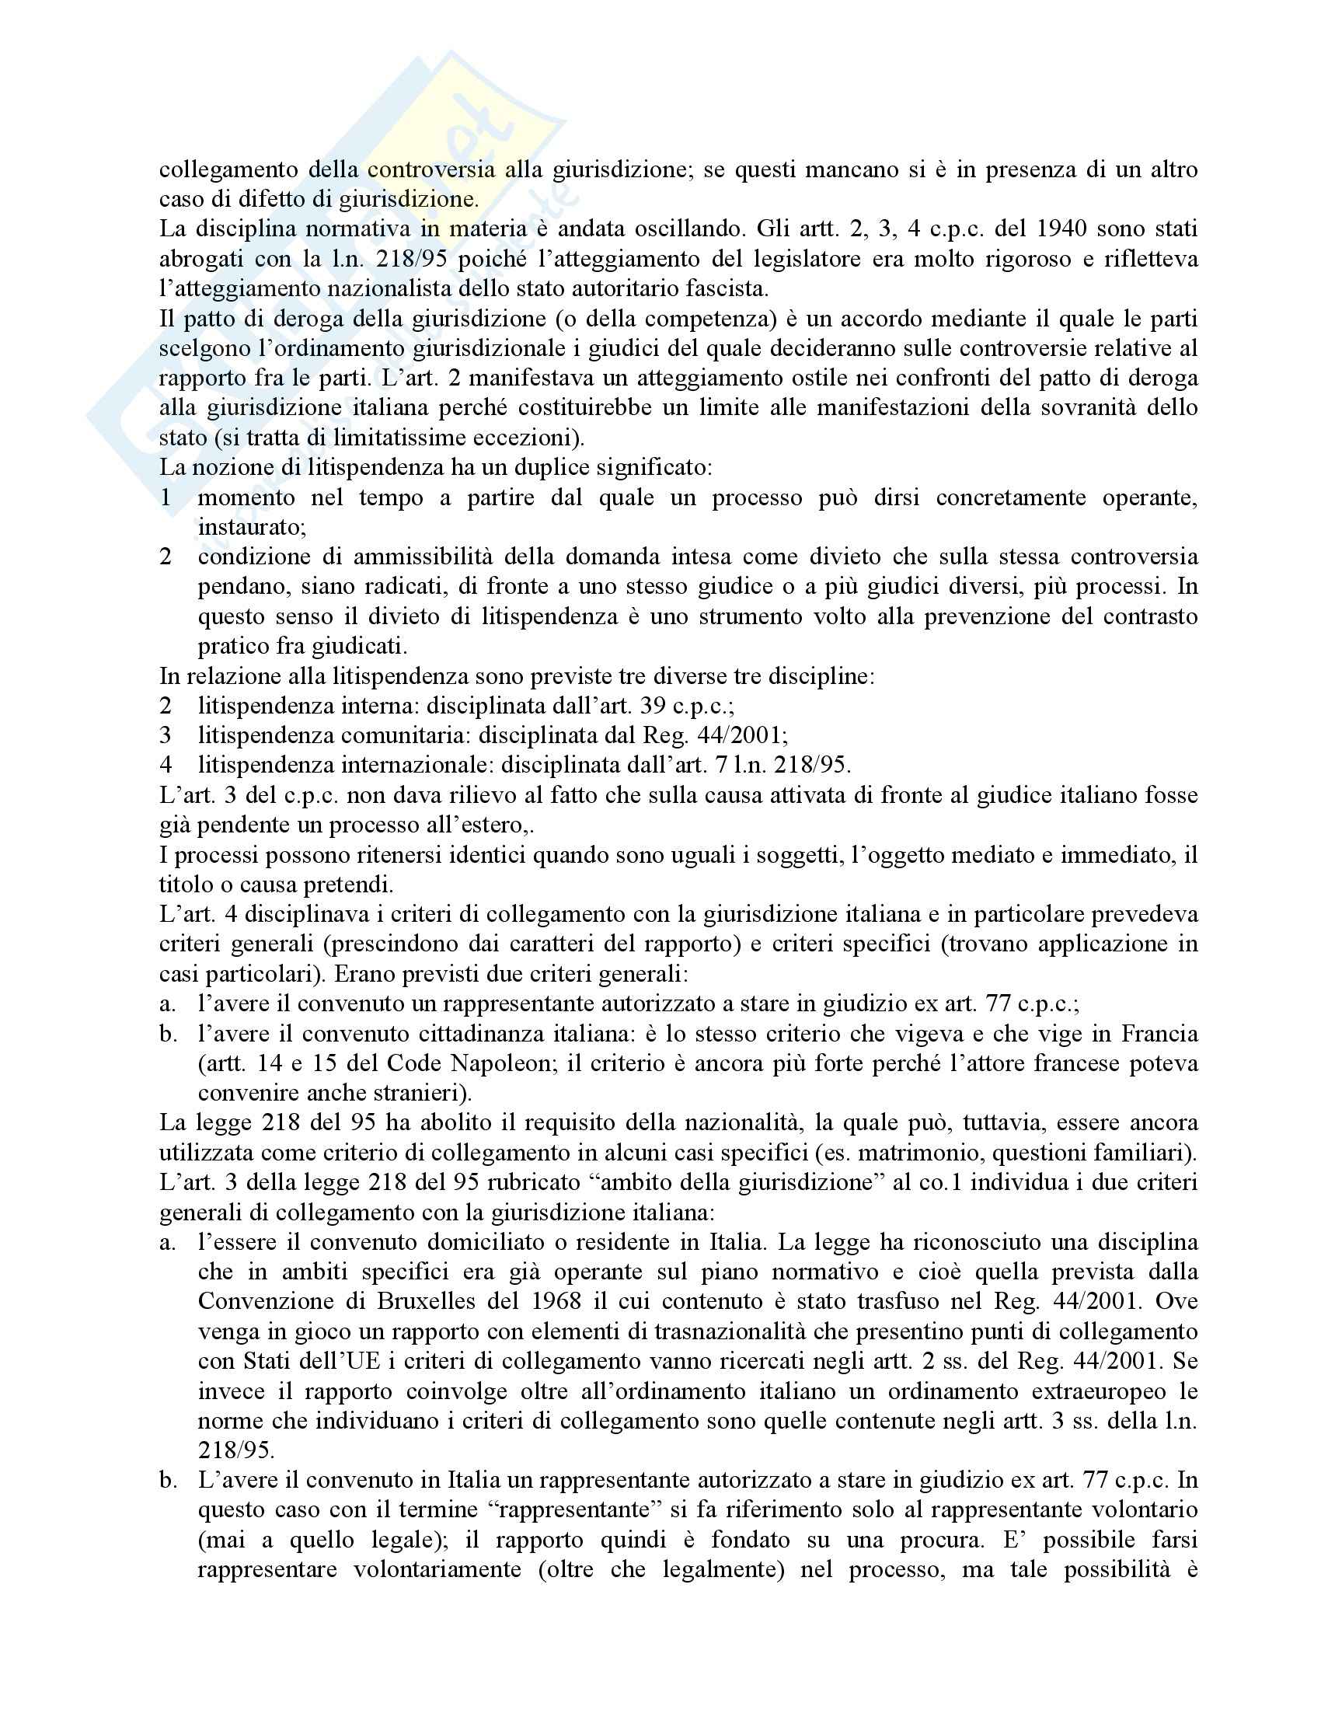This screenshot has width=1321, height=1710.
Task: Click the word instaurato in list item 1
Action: pos(250,527)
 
